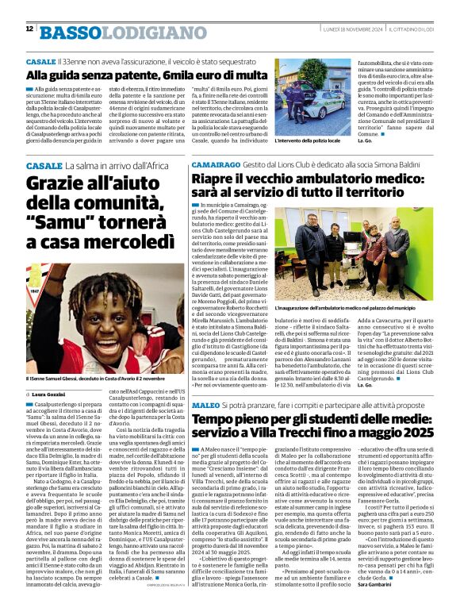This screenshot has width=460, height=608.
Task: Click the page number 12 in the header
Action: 29,29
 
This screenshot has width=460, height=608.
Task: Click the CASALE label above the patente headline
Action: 40,61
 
